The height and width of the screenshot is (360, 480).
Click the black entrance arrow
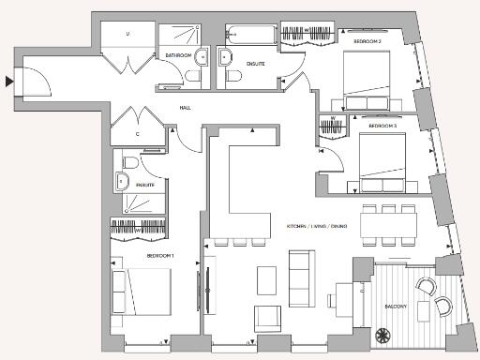tap(9, 82)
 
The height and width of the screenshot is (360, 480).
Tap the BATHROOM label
tap(179, 56)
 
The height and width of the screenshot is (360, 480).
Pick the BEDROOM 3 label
tap(382, 126)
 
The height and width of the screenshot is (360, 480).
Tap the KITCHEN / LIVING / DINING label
tap(320, 226)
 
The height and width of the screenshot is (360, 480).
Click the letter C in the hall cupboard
tap(138, 134)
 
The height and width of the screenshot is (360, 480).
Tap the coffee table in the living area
tap(267, 279)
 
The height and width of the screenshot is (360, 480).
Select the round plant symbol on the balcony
tap(382, 334)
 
